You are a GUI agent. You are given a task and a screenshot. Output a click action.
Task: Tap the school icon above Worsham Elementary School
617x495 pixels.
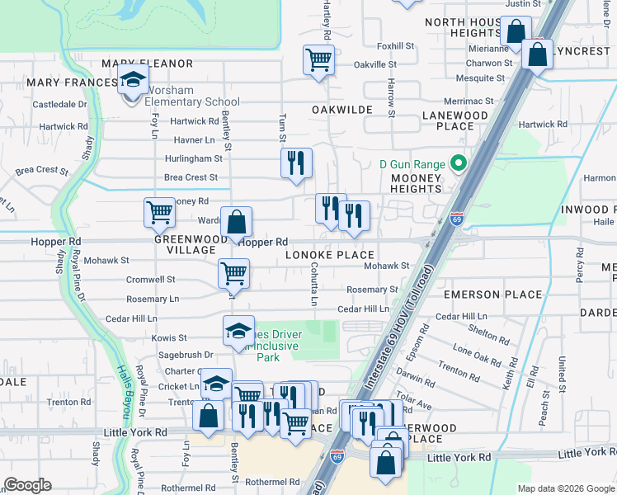[x=131, y=82]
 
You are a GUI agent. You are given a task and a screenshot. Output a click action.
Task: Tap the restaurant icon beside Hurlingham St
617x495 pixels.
[x=295, y=162]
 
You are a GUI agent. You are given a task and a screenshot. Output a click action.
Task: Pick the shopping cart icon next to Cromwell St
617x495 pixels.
[x=233, y=273]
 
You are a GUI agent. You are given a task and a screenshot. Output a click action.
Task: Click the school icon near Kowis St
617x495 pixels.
[x=238, y=332]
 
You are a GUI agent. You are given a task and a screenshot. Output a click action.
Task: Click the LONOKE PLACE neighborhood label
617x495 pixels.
[x=330, y=256]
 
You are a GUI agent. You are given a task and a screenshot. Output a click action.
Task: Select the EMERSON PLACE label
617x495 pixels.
[x=492, y=295]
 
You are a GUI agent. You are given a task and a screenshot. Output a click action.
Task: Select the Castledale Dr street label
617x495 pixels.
[x=59, y=105]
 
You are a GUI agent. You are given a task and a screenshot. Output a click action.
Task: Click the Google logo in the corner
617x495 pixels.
[x=27, y=485]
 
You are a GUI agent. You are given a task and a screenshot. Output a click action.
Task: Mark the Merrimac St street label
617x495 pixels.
[x=467, y=101]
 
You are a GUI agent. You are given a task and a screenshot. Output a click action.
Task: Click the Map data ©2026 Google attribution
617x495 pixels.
[x=566, y=488]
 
